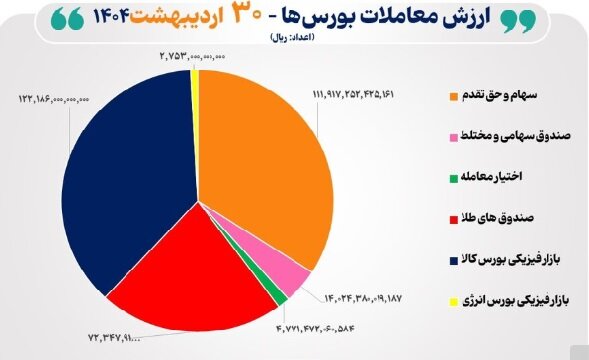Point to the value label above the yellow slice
191,58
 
